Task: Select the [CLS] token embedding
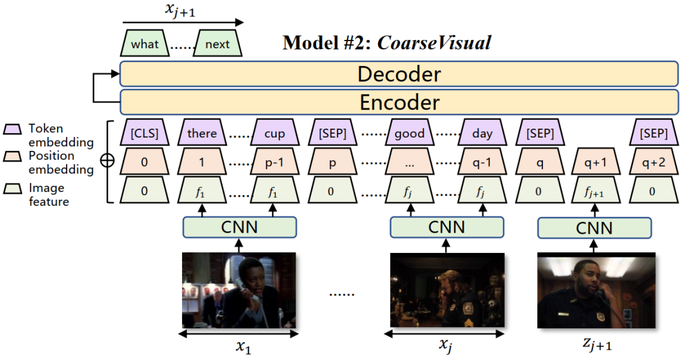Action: click(144, 134)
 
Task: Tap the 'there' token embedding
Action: click(202, 134)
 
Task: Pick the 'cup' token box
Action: click(274, 134)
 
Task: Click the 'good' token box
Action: click(409, 134)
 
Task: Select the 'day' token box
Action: click(482, 134)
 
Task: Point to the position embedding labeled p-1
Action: click(274, 162)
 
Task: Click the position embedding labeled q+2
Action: click(653, 162)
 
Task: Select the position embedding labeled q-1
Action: click(482, 162)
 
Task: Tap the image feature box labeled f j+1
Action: click(594, 191)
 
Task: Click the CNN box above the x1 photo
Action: click(240, 227)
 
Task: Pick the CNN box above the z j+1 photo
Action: click(594, 228)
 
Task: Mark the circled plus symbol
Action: click(108, 161)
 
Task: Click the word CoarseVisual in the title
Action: click(434, 43)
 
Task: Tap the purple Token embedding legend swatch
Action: click(13, 129)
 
